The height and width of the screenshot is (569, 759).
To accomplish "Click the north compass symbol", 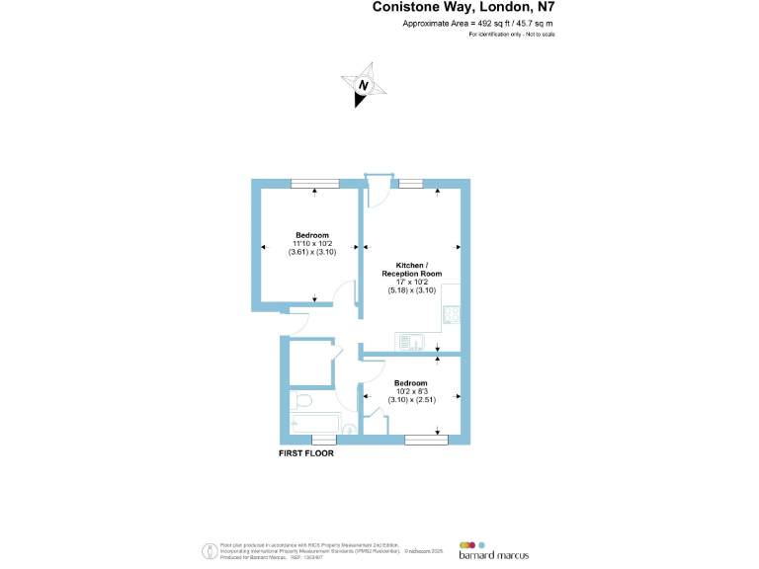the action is (364, 86).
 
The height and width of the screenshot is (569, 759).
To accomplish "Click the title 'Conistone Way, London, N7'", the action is (464, 7).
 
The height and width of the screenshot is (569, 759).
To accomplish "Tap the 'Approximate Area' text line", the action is (479, 23).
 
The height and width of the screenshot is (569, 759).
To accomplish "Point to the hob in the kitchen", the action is (451, 314).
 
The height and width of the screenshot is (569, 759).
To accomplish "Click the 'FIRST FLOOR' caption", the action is (306, 453).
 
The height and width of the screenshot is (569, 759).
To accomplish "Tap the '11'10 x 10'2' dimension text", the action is (313, 243).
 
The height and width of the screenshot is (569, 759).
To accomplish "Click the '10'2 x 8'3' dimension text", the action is (411, 391).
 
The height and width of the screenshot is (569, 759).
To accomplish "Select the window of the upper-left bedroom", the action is (314, 182).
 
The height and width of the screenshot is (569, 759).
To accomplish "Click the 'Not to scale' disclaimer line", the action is (512, 35).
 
